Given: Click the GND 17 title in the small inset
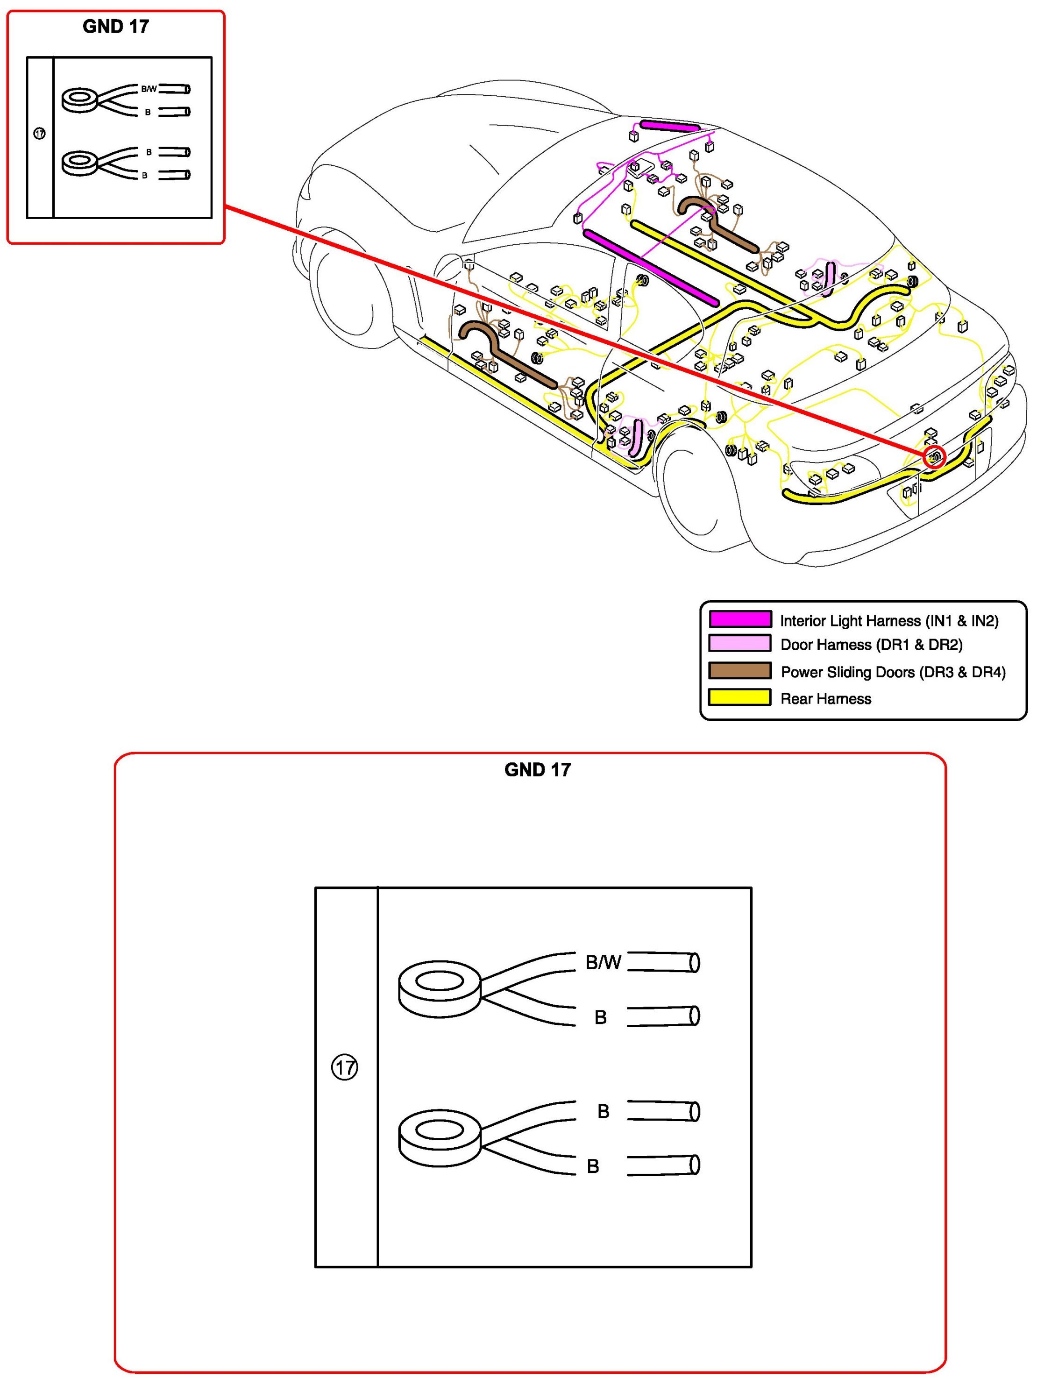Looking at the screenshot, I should point(115,27).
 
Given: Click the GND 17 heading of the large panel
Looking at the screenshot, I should point(537,769).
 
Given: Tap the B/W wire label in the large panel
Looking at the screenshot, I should point(603,962).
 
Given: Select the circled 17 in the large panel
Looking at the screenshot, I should point(344,1068).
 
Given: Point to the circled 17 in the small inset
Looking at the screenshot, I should point(39,133).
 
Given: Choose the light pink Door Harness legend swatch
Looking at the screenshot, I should point(740,644).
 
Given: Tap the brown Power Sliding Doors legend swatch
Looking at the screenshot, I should point(740,670).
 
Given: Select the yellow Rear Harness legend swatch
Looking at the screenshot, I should point(740,697).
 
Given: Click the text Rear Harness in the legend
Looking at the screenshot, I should point(825,698).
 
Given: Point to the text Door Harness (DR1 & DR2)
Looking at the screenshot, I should point(871,644).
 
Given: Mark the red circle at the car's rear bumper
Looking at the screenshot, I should point(934,457).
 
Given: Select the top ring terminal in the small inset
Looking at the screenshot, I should point(79,99).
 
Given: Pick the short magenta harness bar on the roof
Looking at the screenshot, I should point(670,126).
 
